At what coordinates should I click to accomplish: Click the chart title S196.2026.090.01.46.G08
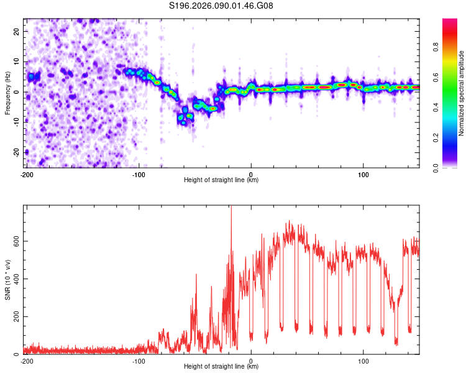(221, 6)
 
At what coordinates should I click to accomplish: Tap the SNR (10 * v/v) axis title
(8, 280)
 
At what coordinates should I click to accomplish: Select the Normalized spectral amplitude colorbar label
(461, 93)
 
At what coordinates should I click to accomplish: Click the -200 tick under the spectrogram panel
(27, 173)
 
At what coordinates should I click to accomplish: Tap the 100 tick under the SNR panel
(363, 361)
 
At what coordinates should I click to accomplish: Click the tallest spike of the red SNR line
(231, 208)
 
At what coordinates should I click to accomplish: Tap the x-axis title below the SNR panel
(221, 367)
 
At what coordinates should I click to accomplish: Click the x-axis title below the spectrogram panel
(221, 180)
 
